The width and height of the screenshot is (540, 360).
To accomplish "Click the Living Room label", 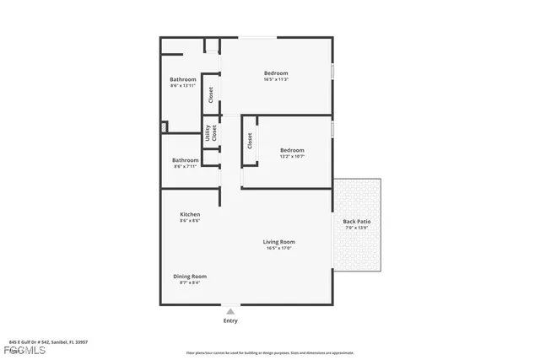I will (x=279, y=242).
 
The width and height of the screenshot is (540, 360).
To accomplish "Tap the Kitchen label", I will (x=190, y=214).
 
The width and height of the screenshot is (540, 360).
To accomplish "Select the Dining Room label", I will (x=190, y=276).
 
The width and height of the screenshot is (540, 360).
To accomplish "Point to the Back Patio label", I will (x=357, y=222).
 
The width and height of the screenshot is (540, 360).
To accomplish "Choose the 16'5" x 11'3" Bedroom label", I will (x=276, y=73).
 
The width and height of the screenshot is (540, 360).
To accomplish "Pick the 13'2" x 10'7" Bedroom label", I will (x=292, y=150).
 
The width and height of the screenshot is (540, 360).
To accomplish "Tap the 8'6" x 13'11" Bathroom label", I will (x=183, y=79).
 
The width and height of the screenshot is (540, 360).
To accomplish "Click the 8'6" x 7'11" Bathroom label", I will (x=186, y=160).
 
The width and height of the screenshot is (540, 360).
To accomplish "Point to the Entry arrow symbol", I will (x=230, y=311).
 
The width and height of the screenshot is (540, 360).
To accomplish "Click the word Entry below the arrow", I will (x=230, y=320).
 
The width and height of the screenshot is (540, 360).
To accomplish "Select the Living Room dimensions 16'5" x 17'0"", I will (x=279, y=248).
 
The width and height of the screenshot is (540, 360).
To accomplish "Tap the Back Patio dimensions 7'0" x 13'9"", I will (x=357, y=228).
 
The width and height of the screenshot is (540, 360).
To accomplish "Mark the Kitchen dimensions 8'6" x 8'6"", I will (x=190, y=221).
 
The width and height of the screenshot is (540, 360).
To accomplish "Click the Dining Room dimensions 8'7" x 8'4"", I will (x=190, y=282).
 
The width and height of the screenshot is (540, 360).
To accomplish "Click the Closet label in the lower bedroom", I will (x=250, y=141).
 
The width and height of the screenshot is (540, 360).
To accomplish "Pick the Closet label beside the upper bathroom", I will (x=211, y=94).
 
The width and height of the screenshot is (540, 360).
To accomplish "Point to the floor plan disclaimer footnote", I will (x=269, y=352).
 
